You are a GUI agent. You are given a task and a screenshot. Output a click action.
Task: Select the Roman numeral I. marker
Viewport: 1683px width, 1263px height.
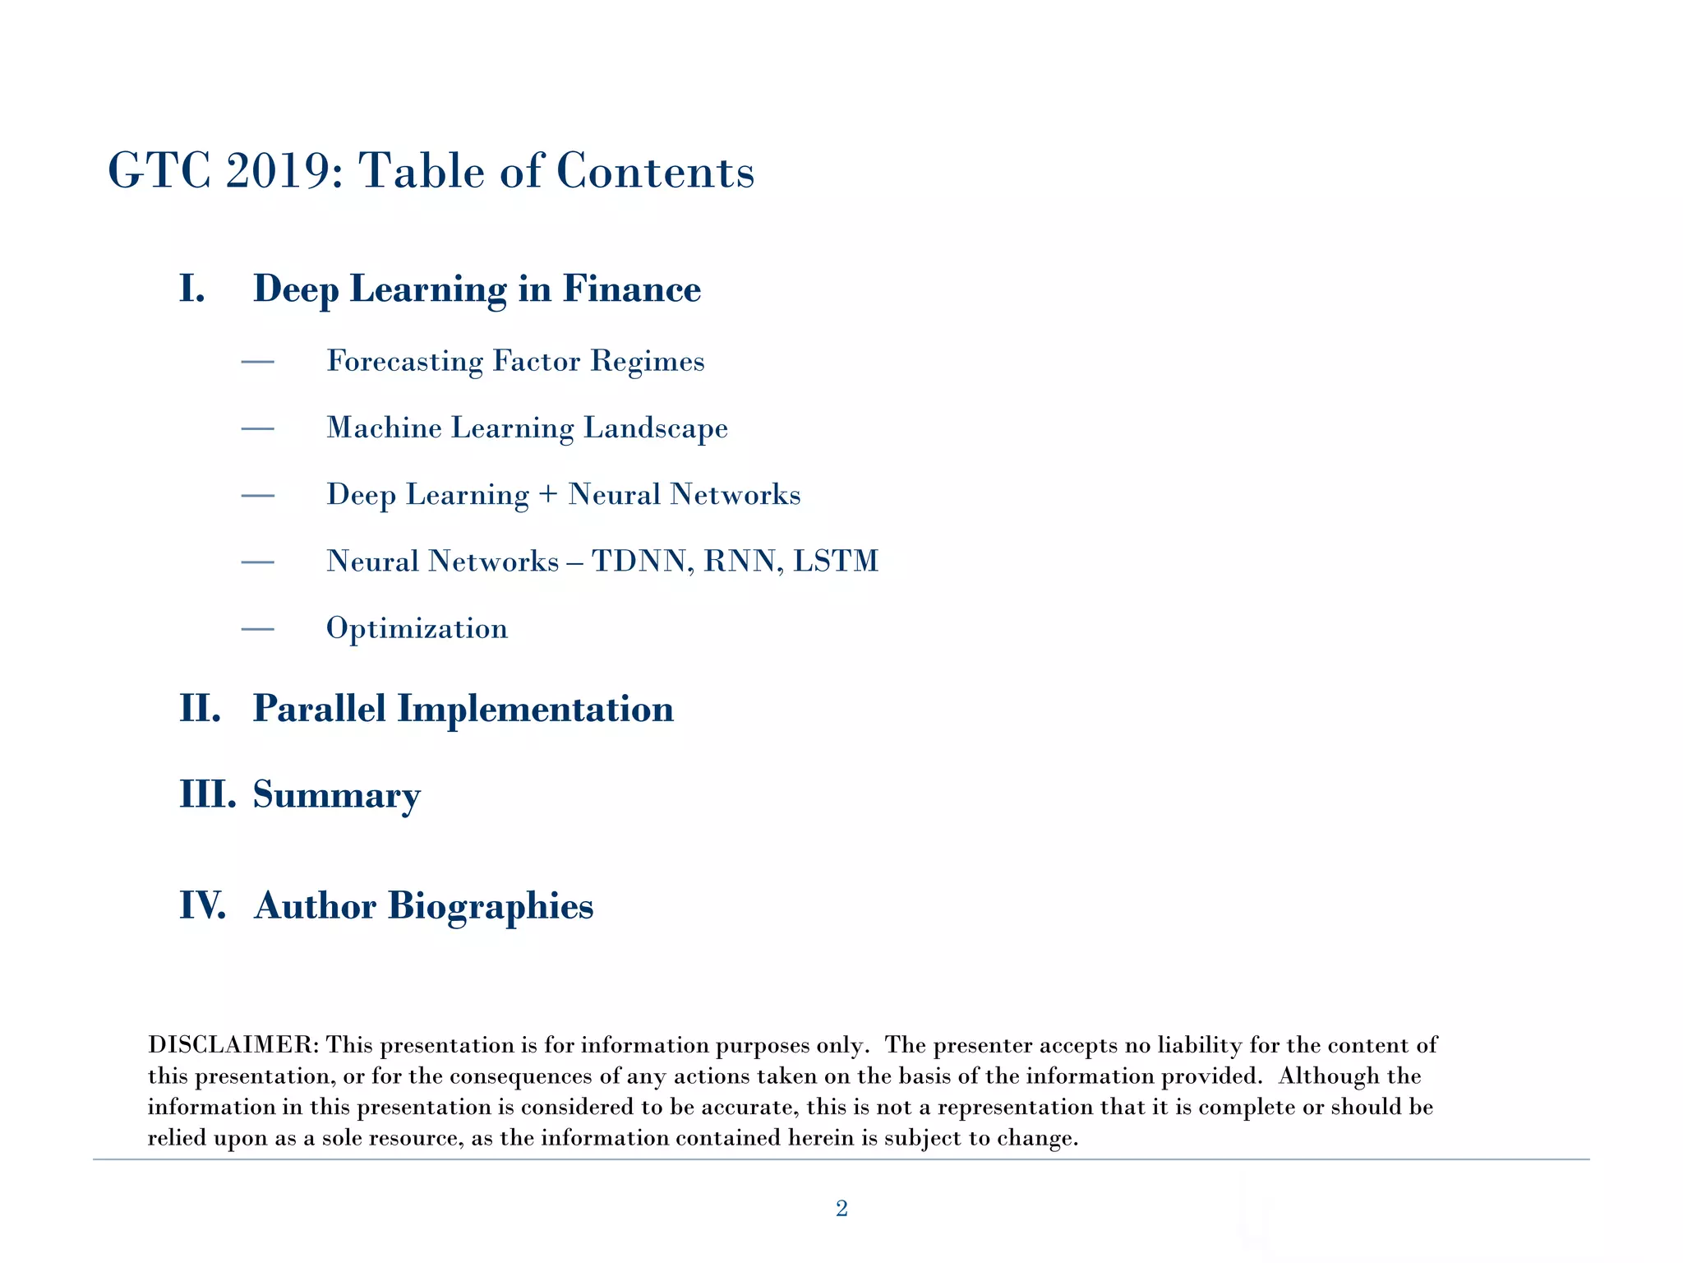point(192,289)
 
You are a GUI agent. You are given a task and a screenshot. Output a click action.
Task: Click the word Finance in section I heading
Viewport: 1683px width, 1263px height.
point(631,289)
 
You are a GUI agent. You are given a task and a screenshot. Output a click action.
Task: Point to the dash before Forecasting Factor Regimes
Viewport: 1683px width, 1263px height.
point(257,362)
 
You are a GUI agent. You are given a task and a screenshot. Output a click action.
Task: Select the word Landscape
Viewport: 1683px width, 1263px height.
point(656,428)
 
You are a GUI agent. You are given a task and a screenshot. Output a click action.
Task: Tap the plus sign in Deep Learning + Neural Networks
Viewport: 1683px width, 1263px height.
point(548,495)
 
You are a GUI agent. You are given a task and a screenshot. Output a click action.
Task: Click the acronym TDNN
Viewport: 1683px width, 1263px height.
point(639,562)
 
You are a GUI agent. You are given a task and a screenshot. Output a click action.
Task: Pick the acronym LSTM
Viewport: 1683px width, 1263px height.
point(836,562)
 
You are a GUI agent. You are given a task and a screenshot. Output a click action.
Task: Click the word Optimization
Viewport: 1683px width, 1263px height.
point(417,629)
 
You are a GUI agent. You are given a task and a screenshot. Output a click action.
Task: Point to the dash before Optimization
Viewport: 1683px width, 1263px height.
point(257,630)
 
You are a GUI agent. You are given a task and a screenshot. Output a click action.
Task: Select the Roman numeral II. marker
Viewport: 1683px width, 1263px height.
point(201,709)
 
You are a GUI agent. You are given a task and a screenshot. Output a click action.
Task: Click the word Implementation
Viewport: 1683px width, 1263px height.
point(535,709)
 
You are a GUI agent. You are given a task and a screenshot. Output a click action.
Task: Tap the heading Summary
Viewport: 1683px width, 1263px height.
point(336,795)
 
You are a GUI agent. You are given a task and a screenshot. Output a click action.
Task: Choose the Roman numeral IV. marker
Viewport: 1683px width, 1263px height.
point(202,906)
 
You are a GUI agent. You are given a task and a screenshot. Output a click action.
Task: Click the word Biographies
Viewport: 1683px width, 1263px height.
point(490,906)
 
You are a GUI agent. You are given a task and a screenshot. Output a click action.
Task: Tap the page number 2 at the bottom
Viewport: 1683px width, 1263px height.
point(841,1208)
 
